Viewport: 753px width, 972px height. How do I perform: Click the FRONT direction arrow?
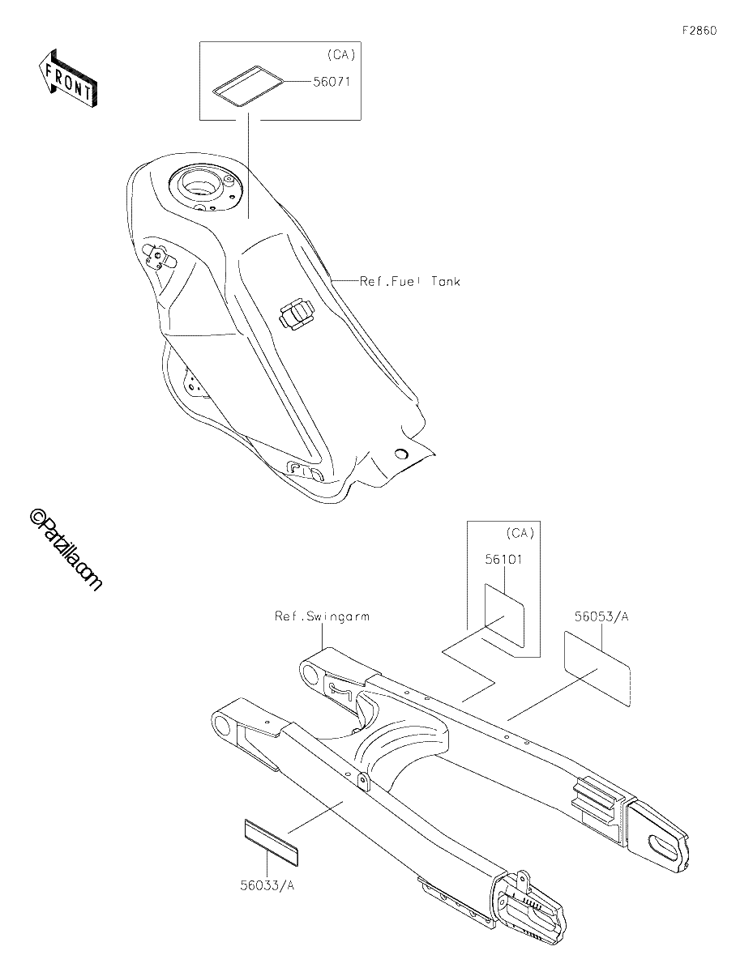coord(67,79)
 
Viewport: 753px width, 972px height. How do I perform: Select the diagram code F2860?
coord(700,31)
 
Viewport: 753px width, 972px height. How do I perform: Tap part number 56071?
coord(331,82)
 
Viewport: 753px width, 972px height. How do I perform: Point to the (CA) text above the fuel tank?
coord(341,54)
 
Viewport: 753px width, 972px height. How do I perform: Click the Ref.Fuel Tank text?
coord(410,281)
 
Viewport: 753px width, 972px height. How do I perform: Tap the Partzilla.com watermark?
coord(66,550)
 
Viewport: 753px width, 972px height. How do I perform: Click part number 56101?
coord(504,560)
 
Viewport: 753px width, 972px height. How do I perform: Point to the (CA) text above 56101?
coord(520,533)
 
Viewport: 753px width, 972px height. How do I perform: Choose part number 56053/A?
coord(601,616)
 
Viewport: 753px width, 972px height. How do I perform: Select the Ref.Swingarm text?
coord(322,616)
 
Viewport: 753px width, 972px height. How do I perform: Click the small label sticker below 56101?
coord(504,615)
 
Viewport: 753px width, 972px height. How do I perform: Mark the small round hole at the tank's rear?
coord(401,454)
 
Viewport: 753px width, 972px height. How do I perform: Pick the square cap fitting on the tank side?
coord(296,314)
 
